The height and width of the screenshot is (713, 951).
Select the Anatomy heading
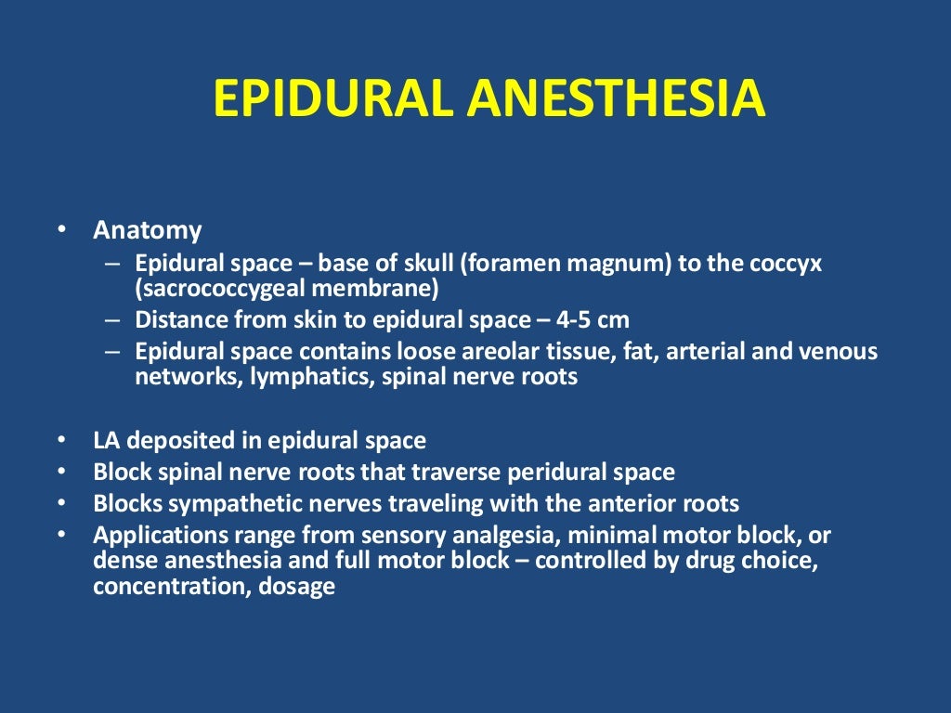(x=147, y=229)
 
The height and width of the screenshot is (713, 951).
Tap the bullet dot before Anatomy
(x=61, y=229)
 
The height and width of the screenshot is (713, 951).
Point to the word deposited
(x=176, y=441)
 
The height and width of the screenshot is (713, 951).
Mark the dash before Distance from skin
(x=112, y=320)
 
